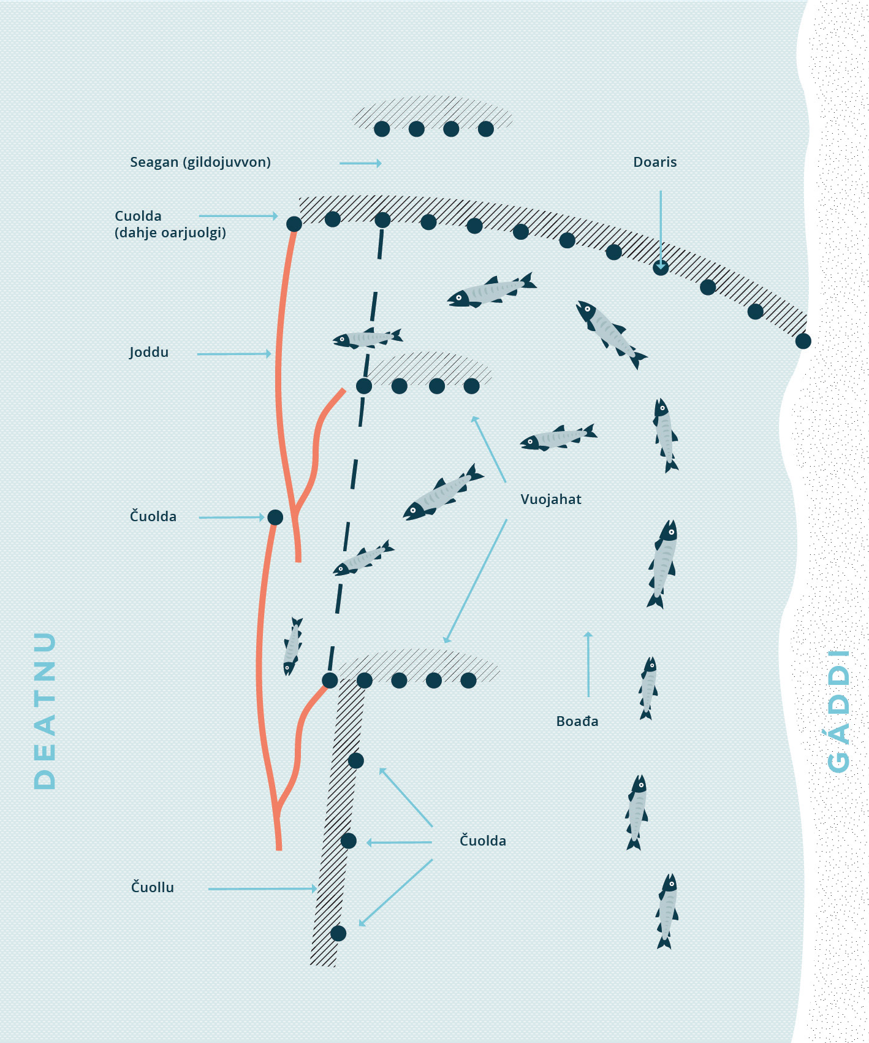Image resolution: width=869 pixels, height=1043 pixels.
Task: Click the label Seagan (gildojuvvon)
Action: (200, 162)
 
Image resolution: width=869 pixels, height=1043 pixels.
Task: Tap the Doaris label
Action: (655, 162)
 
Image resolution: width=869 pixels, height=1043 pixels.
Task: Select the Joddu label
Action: (149, 353)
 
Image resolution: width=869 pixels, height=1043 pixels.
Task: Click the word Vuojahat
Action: (550, 499)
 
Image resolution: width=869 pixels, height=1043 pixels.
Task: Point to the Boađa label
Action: (577, 721)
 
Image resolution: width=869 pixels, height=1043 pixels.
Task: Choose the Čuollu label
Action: (153, 887)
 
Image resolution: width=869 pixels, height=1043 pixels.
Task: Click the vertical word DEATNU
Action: (45, 710)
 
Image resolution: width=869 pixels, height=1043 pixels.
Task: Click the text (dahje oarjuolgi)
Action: (170, 233)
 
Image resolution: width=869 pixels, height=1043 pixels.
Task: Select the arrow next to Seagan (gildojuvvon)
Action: (360, 163)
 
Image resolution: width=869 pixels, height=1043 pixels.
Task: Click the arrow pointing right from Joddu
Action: (234, 354)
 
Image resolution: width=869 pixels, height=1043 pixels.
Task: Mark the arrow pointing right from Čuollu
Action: (262, 888)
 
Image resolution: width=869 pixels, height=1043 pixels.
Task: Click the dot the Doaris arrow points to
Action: (660, 267)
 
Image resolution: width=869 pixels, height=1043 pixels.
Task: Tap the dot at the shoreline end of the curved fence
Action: (803, 341)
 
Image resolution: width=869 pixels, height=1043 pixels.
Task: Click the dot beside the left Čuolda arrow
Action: (275, 518)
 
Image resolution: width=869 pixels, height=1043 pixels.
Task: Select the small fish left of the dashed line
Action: (292, 646)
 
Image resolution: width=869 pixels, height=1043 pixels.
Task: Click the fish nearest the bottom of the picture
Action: (667, 911)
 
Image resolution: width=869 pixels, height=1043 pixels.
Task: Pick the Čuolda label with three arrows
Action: (483, 841)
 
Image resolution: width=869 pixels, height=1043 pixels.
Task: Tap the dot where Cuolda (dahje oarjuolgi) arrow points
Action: (294, 224)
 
